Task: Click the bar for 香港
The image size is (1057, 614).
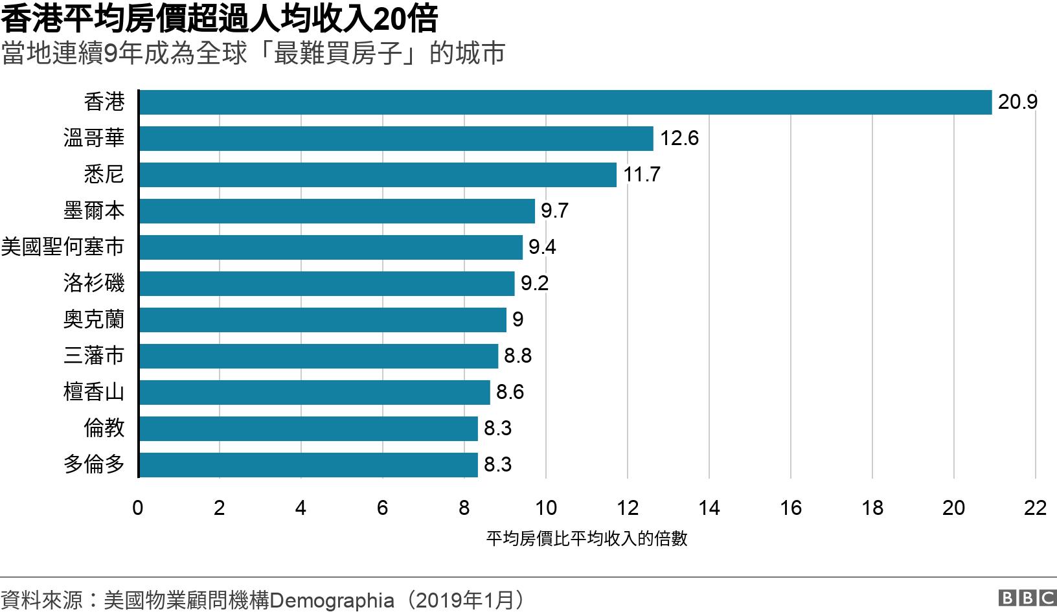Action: (565, 102)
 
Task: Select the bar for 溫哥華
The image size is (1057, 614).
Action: (396, 139)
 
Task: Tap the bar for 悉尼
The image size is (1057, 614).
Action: (378, 175)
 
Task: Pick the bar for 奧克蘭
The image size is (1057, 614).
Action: (323, 320)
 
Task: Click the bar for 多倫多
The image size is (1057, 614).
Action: (308, 465)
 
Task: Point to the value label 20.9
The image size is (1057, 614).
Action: (1017, 102)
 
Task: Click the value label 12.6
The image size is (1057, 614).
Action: (679, 139)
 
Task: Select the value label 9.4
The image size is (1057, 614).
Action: (542, 247)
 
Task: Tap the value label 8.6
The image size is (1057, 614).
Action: (510, 392)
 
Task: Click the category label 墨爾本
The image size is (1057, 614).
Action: (94, 211)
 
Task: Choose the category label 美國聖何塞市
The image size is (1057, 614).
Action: (63, 247)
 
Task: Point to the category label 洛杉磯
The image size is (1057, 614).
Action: (94, 284)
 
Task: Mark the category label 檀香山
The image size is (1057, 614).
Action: (94, 392)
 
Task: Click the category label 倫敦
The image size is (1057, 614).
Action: (104, 429)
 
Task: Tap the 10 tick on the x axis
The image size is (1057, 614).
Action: (546, 508)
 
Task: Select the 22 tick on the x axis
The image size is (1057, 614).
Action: (1035, 508)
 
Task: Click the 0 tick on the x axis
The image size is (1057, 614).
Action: (138, 508)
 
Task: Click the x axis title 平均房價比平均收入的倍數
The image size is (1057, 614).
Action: (587, 539)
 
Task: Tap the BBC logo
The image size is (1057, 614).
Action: (1027, 598)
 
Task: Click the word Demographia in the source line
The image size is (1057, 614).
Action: (332, 600)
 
